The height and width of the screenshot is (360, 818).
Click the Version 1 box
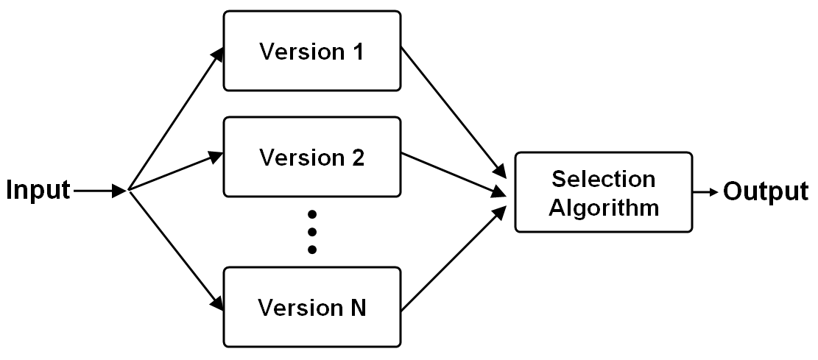pyautogui.click(x=312, y=51)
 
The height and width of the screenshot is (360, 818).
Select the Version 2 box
pyautogui.click(x=312, y=158)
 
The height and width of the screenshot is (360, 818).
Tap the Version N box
pyautogui.click(x=312, y=307)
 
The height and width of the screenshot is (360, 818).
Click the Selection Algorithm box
pyautogui.click(x=603, y=193)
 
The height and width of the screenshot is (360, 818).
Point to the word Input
pyautogui.click(x=38, y=191)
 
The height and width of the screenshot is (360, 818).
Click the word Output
pyautogui.click(x=766, y=191)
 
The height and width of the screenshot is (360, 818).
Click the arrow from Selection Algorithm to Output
pyautogui.click(x=705, y=191)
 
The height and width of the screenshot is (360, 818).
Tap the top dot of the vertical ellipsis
pyautogui.click(x=312, y=214)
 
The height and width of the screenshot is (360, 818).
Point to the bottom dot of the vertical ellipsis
pyautogui.click(x=312, y=250)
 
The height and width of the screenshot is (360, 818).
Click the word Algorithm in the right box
pyautogui.click(x=603, y=207)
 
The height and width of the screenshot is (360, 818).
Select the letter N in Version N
pyautogui.click(x=356, y=308)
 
